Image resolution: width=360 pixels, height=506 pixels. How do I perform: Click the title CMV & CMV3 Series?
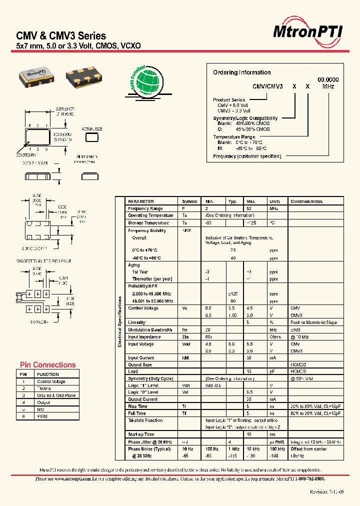coord(61,36)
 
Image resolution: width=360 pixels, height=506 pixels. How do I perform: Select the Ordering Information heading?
coord(241,72)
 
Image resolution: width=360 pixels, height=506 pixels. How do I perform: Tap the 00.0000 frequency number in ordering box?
coord(328,80)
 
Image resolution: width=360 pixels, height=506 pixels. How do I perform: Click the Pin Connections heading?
coord(47,365)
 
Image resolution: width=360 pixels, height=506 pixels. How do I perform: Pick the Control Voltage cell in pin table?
coord(51,381)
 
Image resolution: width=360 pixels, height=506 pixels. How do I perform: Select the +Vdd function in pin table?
coord(43,416)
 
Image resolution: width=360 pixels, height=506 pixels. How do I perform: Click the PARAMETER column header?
coord(141,201)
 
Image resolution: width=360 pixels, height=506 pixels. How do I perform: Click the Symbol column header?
coord(189,201)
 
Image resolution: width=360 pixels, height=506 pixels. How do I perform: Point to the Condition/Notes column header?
coord(306,201)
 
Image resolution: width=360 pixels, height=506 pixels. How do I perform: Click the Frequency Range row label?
coord(145,208)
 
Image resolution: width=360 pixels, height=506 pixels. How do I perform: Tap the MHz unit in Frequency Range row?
coord(273,208)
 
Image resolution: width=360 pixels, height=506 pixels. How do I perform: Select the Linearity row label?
coord(137,322)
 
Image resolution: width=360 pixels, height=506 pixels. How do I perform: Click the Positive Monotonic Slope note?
coord(313,322)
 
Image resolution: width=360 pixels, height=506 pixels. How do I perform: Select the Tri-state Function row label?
coord(145,420)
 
